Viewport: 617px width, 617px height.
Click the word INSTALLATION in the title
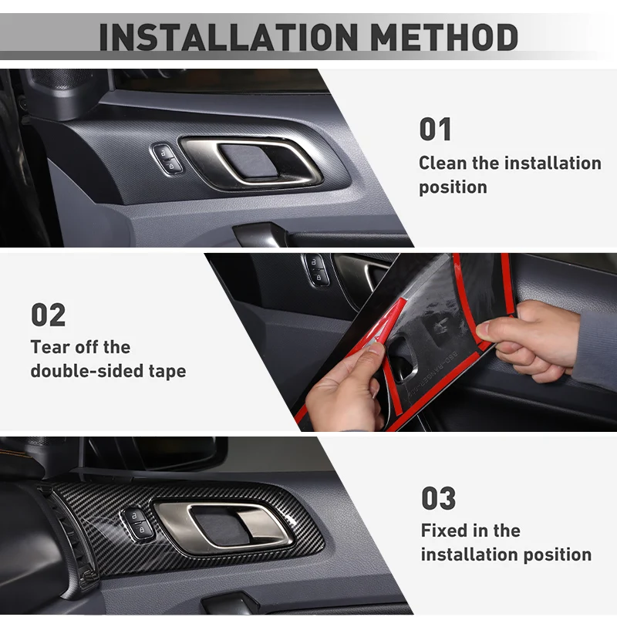pos(228,37)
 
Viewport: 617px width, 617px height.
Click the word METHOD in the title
pos(444,37)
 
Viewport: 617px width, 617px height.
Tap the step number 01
pos(435,129)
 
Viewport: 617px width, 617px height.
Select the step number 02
pos(48,315)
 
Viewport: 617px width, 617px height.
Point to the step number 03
pos(438,498)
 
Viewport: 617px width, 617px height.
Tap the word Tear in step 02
pos(50,347)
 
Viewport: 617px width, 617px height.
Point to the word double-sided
pos(86,371)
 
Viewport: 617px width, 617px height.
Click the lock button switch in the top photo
pos(167,159)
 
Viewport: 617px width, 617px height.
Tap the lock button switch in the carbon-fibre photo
pos(137,523)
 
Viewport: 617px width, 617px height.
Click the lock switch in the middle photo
pos(317,269)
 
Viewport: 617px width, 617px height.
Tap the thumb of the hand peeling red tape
pos(366,354)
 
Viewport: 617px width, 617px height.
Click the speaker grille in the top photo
pos(63,79)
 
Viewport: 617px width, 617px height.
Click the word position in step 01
pos(453,187)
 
